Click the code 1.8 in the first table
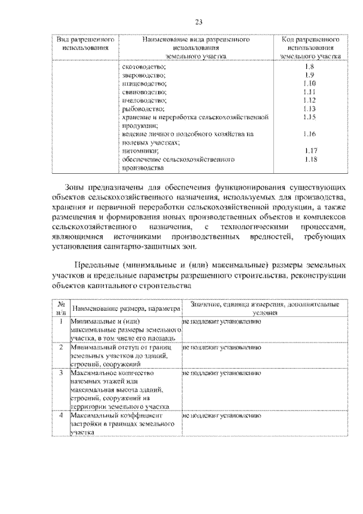coord(309,67)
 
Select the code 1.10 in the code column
coord(309,83)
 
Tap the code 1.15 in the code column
coord(309,116)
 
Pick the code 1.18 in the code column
coord(309,160)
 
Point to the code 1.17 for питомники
coord(309,151)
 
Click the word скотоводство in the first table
coord(143,67)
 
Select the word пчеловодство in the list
coord(144,99)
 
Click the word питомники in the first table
coord(139,151)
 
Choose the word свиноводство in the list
coord(144,91)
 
